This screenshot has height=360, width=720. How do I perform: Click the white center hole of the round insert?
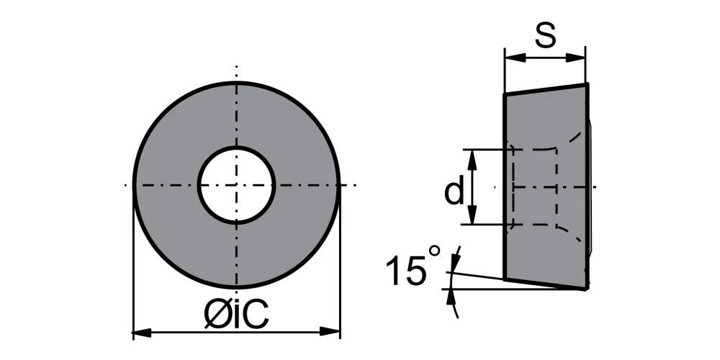point(236,185)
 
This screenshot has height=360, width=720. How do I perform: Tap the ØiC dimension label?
point(236,315)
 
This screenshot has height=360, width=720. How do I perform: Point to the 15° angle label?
point(413,267)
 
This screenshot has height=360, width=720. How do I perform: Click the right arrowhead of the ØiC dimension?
point(330,331)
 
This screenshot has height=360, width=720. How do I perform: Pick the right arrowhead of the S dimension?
point(576,58)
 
